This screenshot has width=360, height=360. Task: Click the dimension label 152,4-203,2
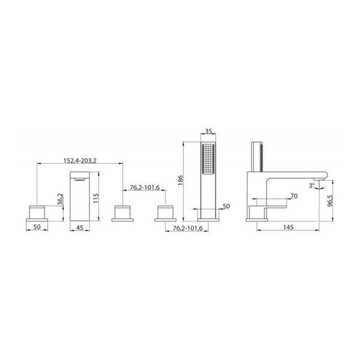pos(80,160)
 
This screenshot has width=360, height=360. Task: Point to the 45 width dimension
pos(80,228)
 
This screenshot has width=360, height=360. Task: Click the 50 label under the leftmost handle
pos(37,228)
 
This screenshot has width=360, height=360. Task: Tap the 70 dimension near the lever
pos(293,196)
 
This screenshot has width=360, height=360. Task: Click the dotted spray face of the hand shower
pos(208,160)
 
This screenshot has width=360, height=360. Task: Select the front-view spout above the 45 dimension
pos(80,196)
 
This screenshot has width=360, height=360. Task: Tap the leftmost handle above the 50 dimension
pos(37,211)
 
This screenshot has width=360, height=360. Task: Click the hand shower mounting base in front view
pos(208,212)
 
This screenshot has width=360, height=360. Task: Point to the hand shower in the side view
pos(257,156)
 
